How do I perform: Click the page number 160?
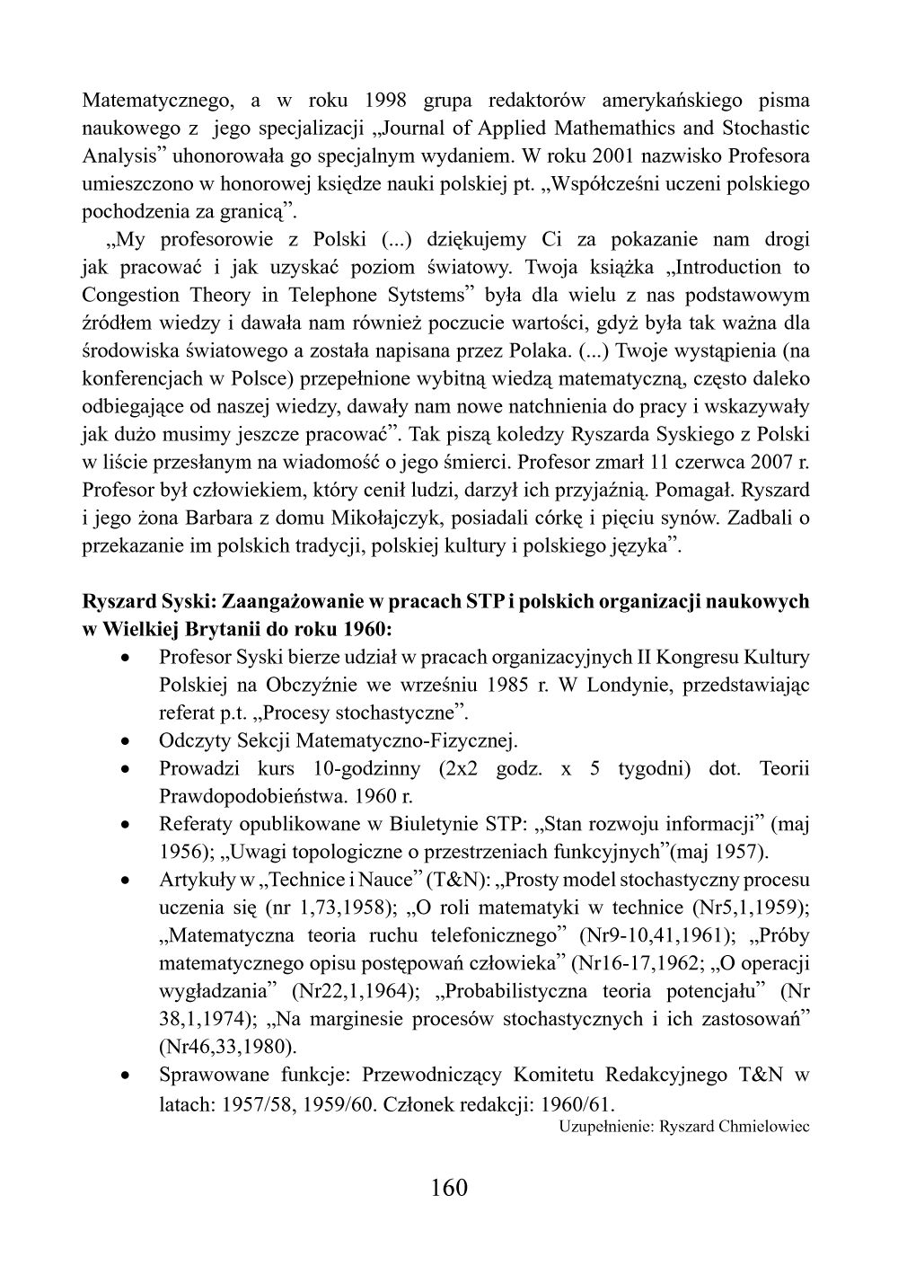point(449,1187)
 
